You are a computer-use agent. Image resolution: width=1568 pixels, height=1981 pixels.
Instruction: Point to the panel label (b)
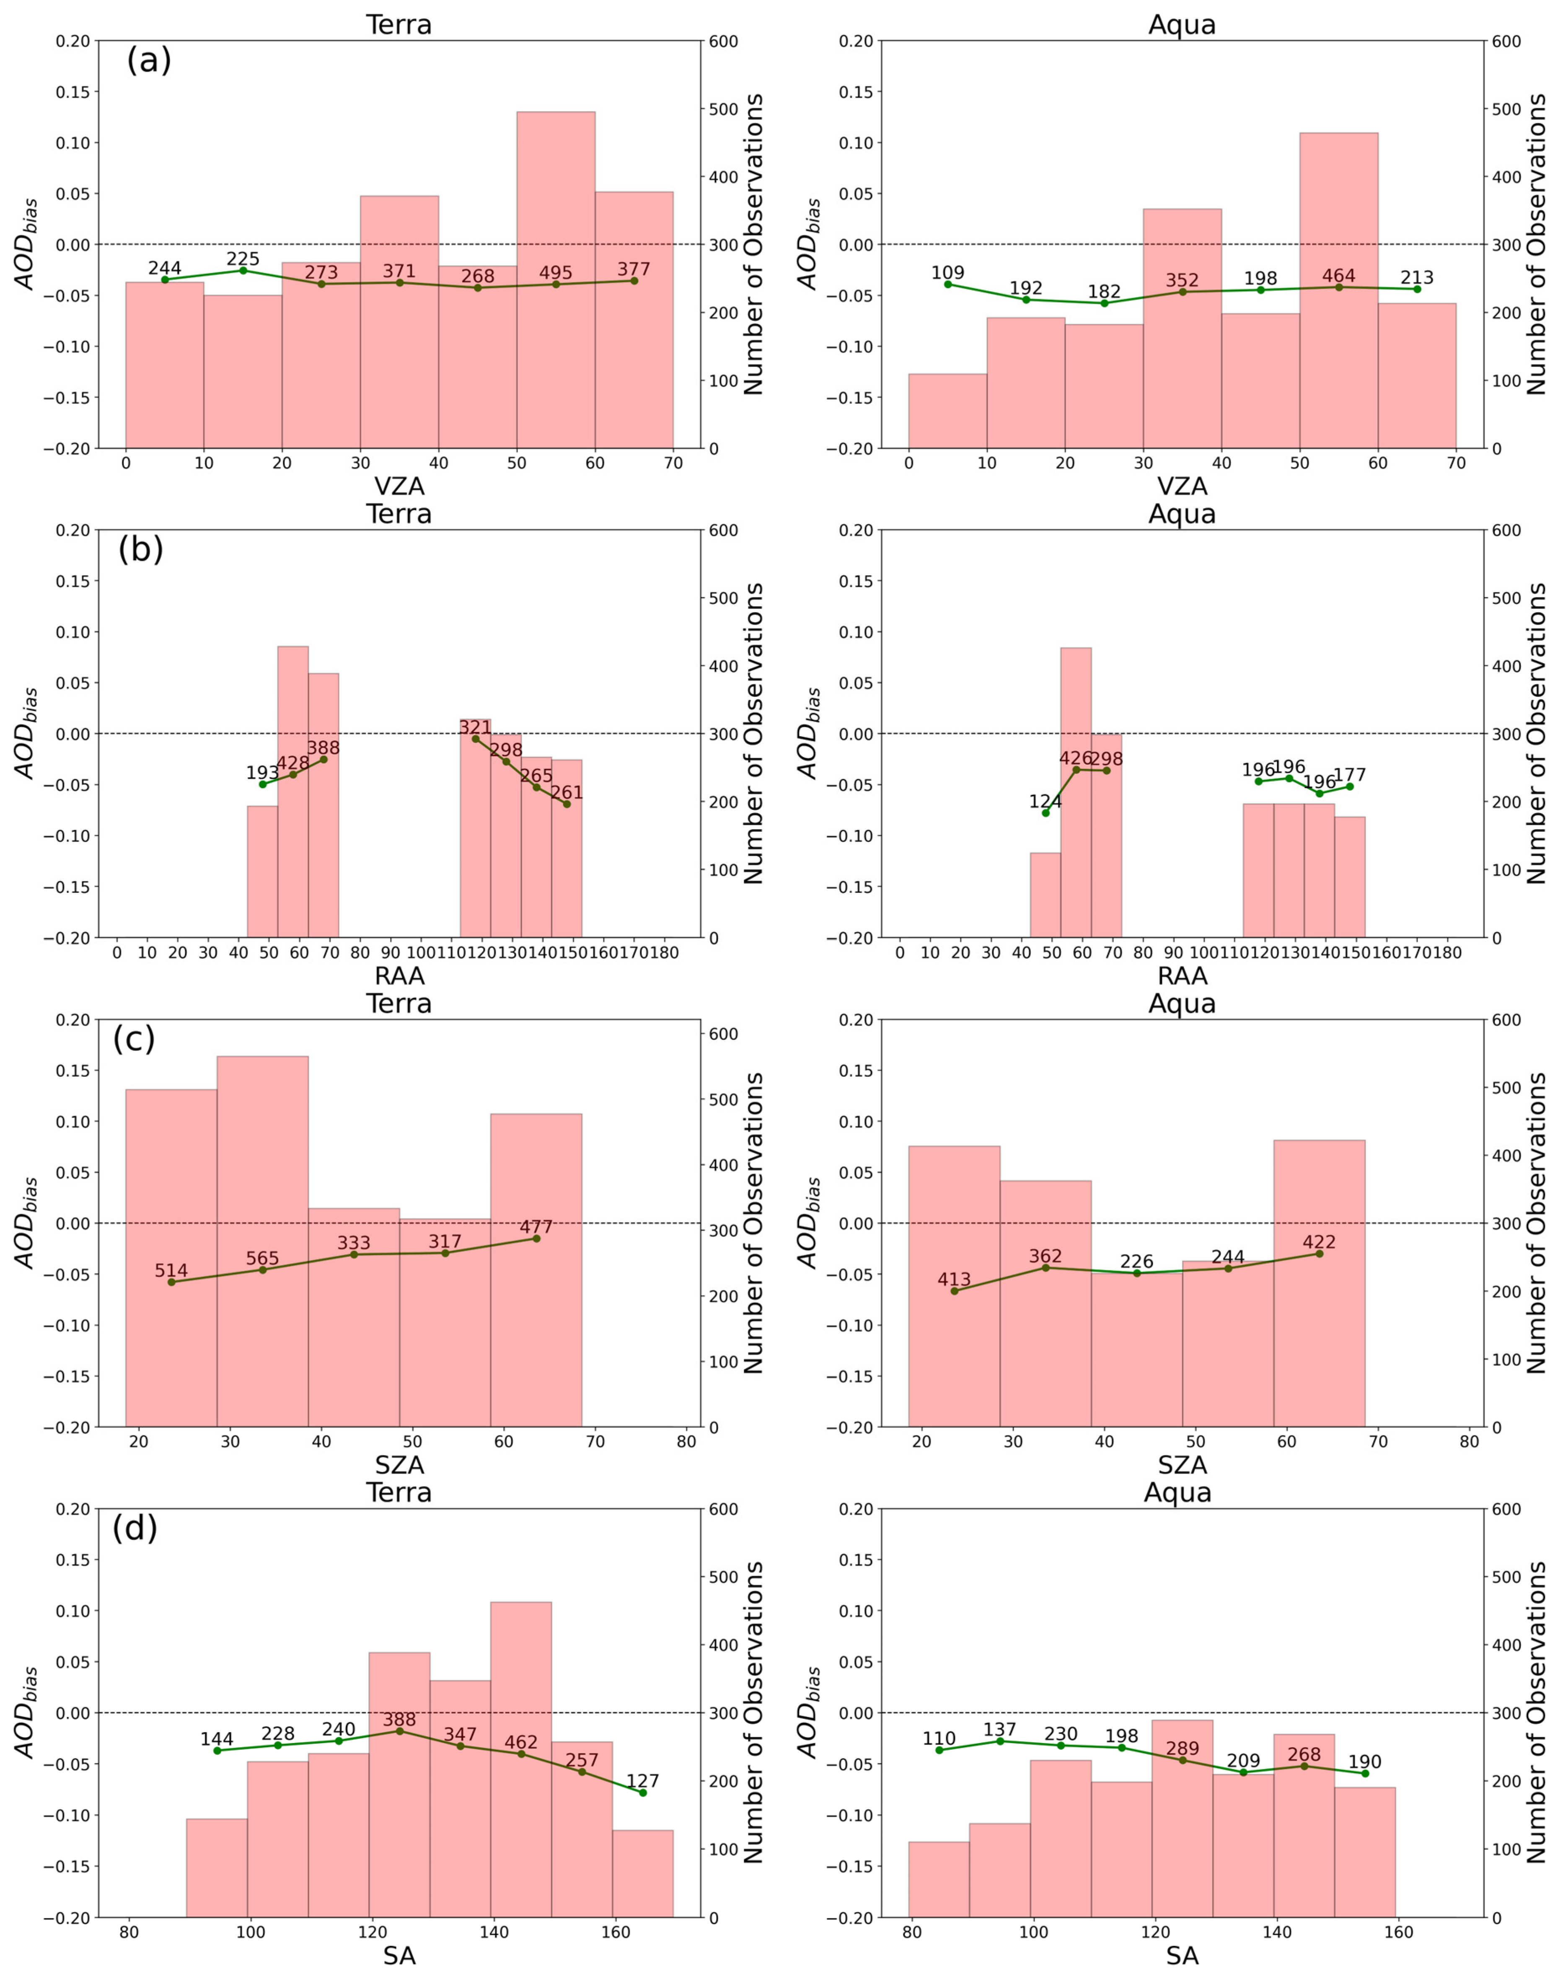pos(140,549)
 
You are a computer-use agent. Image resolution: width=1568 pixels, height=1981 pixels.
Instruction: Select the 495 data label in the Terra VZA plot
pos(555,273)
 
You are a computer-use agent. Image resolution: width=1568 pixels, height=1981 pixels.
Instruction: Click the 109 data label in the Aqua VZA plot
pos(947,273)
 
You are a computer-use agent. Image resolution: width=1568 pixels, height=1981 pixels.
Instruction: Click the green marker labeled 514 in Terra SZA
pos(172,1282)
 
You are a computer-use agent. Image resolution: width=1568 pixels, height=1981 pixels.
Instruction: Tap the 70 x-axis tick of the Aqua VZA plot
pos(1456,463)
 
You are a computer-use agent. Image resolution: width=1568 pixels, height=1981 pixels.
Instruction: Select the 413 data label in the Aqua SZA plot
pos(954,1280)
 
